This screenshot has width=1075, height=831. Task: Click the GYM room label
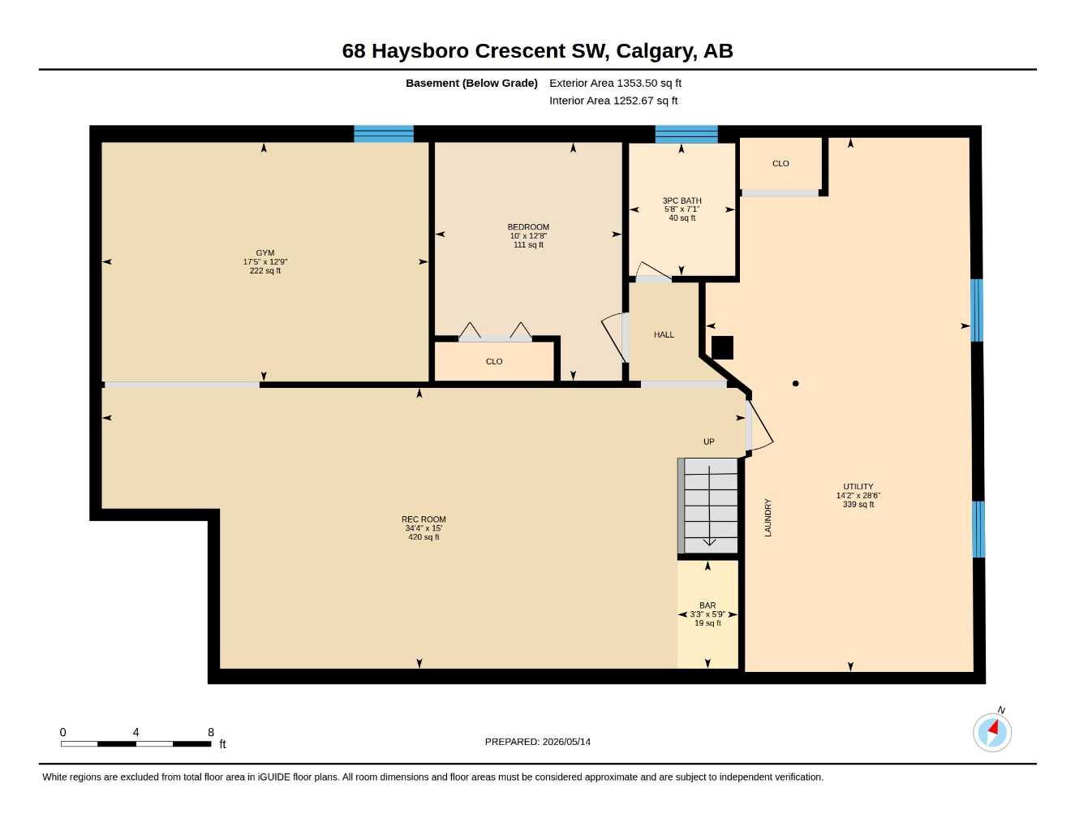265,252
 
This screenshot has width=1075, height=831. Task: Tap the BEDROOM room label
528,227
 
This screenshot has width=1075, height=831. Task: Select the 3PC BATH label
682,200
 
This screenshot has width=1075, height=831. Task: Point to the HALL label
664,335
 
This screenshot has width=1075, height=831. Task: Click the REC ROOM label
424,519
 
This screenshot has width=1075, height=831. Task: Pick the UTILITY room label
858,487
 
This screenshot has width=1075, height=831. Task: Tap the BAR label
707,605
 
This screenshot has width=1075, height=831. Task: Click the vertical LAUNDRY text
768,518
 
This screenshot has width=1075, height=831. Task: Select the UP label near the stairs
709,441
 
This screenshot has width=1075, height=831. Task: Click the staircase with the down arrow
708,506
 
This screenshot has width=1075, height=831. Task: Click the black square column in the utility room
722,347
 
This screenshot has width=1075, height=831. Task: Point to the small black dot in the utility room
795,383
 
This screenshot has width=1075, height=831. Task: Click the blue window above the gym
384,134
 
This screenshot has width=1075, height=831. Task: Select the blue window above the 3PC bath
686,134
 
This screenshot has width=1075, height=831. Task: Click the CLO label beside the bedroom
494,362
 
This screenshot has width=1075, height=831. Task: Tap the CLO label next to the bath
780,164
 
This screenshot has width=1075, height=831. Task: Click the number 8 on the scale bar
211,733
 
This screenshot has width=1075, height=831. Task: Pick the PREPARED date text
538,742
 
